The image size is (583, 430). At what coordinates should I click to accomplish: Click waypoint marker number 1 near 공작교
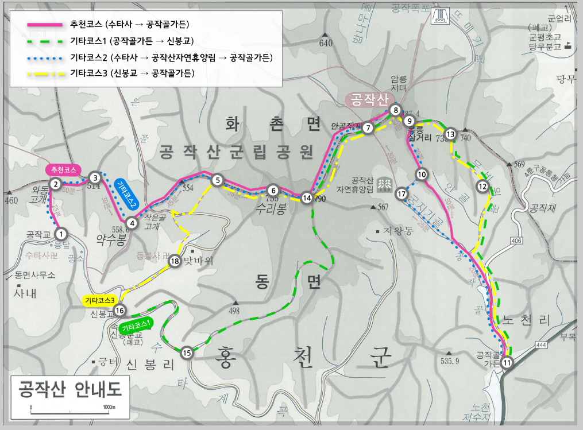[61, 234]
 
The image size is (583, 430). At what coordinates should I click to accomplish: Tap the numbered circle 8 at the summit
[395, 110]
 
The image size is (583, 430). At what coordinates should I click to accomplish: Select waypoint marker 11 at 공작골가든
[507, 362]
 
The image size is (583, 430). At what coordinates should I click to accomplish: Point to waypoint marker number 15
[187, 353]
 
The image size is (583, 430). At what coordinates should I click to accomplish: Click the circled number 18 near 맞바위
[175, 262]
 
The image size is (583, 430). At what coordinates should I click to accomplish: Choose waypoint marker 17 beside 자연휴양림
[401, 194]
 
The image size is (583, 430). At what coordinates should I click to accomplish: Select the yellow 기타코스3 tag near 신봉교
[101, 300]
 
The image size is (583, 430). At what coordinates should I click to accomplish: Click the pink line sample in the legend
[45, 25]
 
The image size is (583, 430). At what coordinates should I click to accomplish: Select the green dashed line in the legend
[45, 41]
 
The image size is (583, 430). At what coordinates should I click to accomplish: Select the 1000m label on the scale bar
[109, 407]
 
